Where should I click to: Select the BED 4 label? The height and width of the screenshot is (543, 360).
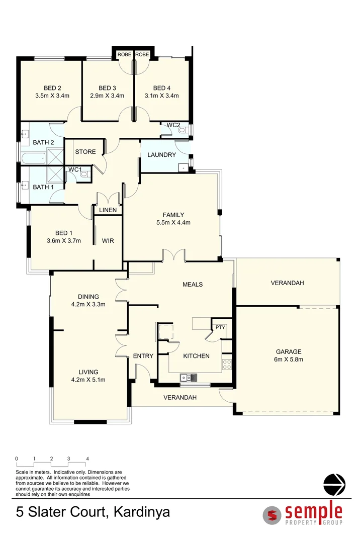click(x=162, y=88)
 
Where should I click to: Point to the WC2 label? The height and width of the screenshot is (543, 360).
click(x=173, y=125)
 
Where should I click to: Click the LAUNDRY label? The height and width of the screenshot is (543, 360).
click(x=161, y=155)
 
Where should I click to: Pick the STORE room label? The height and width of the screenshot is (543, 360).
click(x=85, y=152)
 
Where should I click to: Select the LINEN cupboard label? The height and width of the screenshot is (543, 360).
click(x=108, y=210)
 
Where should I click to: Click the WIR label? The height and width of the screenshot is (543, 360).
click(x=108, y=241)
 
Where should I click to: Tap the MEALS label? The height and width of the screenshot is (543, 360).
click(x=192, y=285)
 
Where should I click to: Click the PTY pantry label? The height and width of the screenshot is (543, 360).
click(x=220, y=328)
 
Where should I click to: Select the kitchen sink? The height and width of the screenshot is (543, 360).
click(x=189, y=377)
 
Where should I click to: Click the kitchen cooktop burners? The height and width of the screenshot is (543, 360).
click(x=227, y=364)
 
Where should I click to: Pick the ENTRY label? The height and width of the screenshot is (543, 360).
click(x=143, y=356)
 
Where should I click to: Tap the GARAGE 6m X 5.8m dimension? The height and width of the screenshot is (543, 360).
click(x=289, y=359)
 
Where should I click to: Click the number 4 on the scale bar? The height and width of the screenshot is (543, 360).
click(x=87, y=459)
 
